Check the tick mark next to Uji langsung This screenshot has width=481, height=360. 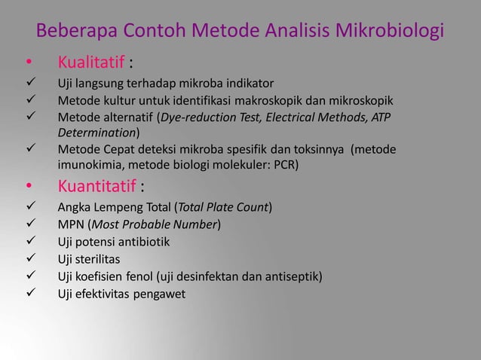coord(29,83)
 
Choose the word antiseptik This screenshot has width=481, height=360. coord(295,276)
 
